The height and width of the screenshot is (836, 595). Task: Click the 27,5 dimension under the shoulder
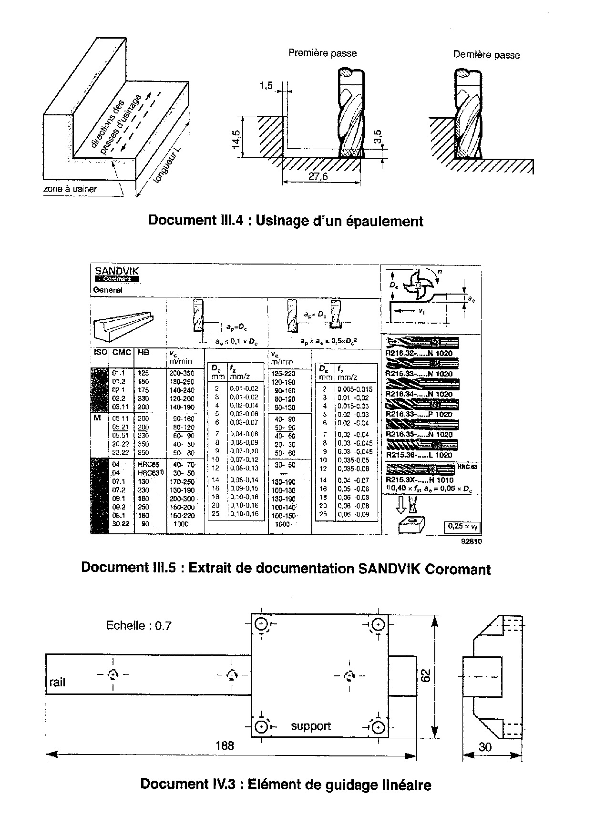coord(318,176)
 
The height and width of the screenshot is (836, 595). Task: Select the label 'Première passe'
coord(322,53)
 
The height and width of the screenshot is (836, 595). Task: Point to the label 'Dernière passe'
coord(486,55)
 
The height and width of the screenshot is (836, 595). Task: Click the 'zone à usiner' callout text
coord(70,189)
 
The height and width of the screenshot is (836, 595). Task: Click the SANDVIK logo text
coord(110,271)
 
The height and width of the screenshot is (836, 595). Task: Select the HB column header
coord(143,353)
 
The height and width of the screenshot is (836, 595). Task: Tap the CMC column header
coord(121,353)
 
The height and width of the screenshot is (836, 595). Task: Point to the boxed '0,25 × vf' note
coord(461,526)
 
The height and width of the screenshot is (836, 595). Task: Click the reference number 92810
coord(471,541)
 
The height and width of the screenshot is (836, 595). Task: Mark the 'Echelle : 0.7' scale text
coord(138,625)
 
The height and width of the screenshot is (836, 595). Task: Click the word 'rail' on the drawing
coord(57,683)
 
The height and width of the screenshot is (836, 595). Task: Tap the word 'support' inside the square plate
coord(311,726)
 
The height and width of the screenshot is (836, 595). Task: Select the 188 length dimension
coord(225,745)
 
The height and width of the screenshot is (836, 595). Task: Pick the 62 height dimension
coord(425,675)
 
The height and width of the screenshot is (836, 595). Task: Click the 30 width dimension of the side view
coord(485,747)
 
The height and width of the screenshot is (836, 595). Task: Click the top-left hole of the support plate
coord(262,624)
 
